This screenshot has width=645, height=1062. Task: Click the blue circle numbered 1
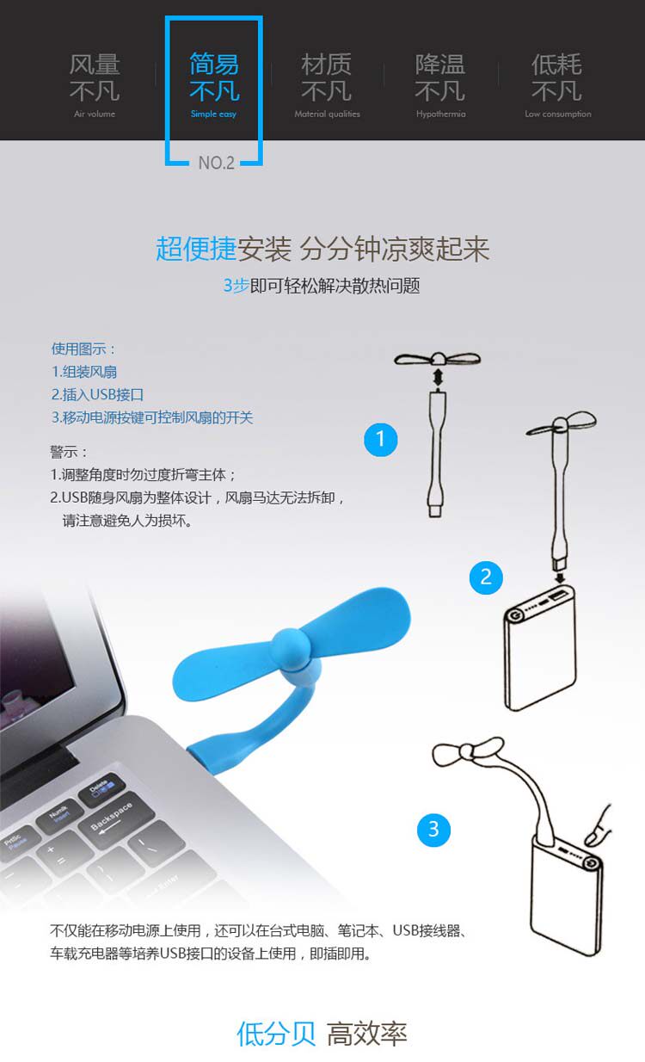[x=381, y=440]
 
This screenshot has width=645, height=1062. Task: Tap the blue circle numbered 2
[x=486, y=577]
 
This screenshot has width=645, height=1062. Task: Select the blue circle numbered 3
[x=433, y=829]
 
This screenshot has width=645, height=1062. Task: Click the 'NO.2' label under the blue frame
[x=216, y=163]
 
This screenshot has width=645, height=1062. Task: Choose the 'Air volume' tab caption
[x=95, y=114]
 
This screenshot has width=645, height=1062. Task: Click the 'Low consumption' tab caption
[x=557, y=114]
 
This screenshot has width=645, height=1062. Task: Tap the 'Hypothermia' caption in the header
[x=440, y=114]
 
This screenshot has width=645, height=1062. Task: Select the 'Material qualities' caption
[x=327, y=114]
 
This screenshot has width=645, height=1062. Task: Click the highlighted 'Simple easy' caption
[x=213, y=114]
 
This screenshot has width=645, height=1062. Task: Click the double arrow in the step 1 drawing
[x=438, y=378]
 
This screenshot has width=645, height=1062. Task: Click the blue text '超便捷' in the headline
[x=195, y=250]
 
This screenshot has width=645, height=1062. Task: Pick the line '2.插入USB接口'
[x=97, y=395]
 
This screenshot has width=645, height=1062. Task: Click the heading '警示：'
[x=70, y=452]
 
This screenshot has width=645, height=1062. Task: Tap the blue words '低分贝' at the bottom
[x=276, y=1033]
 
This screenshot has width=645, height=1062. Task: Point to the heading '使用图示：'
[x=83, y=349]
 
